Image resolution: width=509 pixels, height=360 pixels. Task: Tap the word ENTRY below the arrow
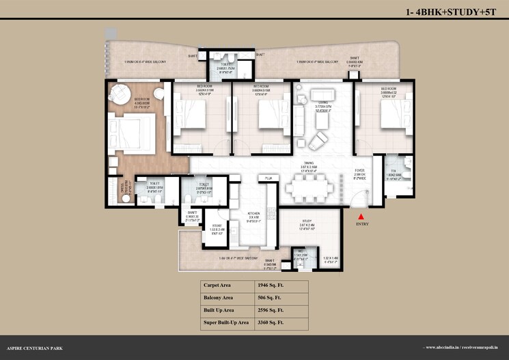pyautogui.click(x=361, y=223)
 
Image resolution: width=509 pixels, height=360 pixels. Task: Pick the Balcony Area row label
pyautogui.click(x=220, y=296)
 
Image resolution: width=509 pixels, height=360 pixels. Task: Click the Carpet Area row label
pyautogui.click(x=219, y=284)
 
